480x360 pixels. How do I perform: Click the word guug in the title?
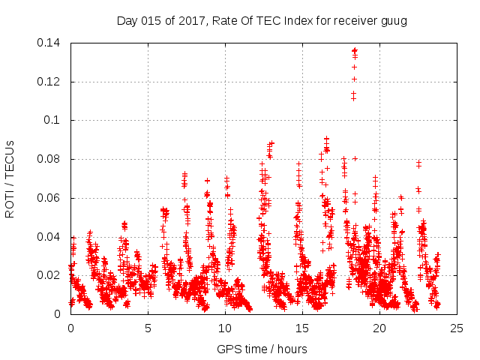pyautogui.click(x=393, y=21)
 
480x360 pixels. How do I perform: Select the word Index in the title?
pyautogui.click(x=299, y=21)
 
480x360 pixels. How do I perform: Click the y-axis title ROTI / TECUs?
pyautogui.click(x=10, y=178)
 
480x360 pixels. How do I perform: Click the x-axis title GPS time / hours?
pyautogui.click(x=262, y=349)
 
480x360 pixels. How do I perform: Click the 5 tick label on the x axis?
pyautogui.click(x=148, y=328)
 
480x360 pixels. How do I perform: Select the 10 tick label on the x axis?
pyautogui.click(x=225, y=328)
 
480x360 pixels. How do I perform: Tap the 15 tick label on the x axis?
pyautogui.click(x=302, y=328)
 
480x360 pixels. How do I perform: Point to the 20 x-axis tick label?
pyautogui.click(x=379, y=328)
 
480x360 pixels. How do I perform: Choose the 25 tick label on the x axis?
pyautogui.click(x=457, y=328)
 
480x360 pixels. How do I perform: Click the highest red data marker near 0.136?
pyautogui.click(x=355, y=50)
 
